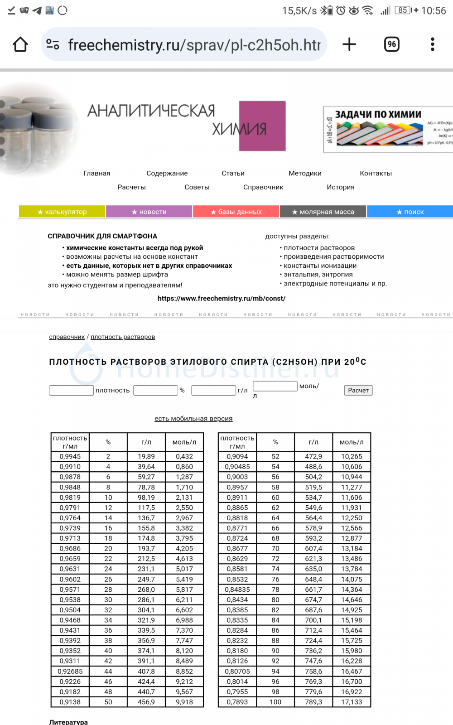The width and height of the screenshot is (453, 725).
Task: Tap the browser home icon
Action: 20,44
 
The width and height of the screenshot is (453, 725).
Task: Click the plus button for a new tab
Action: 349,44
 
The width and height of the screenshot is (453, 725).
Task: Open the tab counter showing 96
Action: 392,44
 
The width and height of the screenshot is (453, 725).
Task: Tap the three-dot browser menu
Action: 433,44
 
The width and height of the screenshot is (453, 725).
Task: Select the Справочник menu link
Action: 263,187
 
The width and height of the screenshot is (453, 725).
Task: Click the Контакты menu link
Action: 376,173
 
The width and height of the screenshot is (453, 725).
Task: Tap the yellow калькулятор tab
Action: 62,212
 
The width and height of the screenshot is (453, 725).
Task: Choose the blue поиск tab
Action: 410,212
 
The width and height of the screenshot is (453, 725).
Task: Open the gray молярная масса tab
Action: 323,212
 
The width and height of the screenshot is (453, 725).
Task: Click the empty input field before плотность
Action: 71,390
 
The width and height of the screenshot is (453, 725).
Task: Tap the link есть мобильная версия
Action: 193,419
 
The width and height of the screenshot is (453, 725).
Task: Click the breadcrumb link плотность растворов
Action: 123,337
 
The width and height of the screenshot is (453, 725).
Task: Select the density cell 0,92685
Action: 70,672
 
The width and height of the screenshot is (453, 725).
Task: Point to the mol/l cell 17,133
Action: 352,702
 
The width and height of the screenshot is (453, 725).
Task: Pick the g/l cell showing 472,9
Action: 313,456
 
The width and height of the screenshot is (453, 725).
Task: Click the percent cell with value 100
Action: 275,702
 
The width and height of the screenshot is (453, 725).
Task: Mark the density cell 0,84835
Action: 237,590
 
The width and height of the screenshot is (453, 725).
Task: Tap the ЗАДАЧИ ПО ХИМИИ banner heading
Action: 378,115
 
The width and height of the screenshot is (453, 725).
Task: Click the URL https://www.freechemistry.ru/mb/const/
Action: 222,299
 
